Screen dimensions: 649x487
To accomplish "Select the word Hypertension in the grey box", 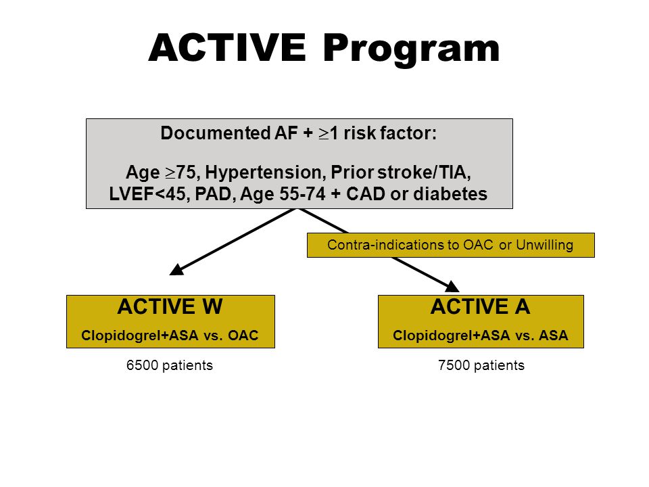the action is click(263, 172).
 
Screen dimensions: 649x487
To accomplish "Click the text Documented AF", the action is click(229, 133).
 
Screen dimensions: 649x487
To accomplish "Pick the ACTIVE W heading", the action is click(170, 307).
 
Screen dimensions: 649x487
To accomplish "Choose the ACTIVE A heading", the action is click(480, 307).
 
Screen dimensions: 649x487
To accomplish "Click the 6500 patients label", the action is click(170, 365).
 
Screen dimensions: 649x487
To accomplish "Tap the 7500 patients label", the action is click(481, 365).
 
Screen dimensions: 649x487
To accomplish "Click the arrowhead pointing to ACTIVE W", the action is click(176, 270).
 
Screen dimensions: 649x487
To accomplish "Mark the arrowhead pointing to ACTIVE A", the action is click(452, 287).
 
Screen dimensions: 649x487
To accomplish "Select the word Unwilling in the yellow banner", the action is click(544, 245).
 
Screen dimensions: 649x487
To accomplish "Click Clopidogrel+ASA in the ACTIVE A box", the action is click(451, 335).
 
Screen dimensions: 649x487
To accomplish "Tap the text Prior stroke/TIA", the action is click(401, 172).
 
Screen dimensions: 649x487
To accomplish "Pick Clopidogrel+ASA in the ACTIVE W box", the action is click(140, 335).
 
